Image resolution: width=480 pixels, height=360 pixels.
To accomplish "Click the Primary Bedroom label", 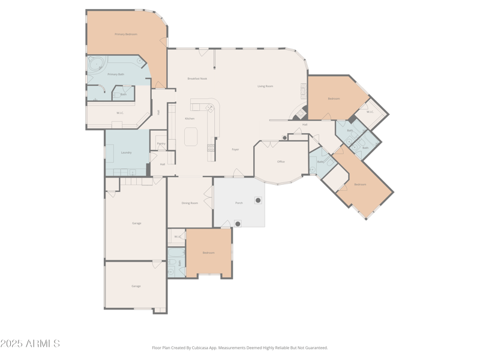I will pos(126,34).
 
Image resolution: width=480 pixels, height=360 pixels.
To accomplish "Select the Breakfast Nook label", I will pos(197,79).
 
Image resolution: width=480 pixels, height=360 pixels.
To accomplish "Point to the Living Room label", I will pos(265,86).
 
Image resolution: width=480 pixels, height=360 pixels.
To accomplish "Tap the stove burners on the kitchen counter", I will pos(210,109).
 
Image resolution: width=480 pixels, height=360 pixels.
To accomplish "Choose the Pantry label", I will pos(161,143).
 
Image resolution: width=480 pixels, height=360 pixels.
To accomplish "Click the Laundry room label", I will pos(126,152).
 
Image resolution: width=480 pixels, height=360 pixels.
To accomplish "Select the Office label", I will pos(281,161).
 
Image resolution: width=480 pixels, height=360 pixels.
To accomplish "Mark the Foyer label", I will pos(235,149).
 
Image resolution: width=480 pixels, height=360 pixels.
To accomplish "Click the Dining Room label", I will pos(190,203).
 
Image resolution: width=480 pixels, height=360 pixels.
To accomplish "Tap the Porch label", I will pos(239,203).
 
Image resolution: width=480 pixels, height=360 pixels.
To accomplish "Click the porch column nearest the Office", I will pos(258,200).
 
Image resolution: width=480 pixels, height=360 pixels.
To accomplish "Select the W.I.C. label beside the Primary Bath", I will pos(119,112).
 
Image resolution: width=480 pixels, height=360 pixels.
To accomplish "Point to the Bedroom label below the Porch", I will pos(208,253).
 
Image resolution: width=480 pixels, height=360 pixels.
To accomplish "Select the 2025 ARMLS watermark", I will pos(30,344).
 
